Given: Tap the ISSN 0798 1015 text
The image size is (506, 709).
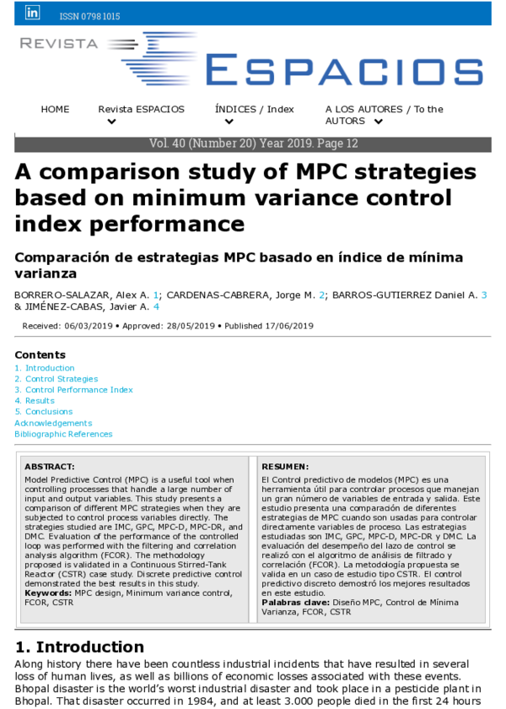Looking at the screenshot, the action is [x=89, y=16].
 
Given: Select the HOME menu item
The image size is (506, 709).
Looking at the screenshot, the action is [x=56, y=110].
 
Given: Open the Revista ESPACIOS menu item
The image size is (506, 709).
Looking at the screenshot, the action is [x=129, y=110].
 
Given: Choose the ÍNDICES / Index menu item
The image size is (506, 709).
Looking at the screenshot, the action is [x=254, y=110].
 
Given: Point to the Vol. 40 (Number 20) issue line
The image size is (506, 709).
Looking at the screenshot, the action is [x=253, y=144].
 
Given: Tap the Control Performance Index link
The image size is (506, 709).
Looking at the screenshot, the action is [x=78, y=390].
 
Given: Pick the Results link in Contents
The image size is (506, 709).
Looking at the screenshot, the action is [x=39, y=401].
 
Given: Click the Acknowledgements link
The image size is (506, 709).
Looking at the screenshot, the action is [x=53, y=423].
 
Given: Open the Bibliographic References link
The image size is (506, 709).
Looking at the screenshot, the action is [x=63, y=434].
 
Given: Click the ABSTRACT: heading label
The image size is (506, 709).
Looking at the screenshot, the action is [x=50, y=466].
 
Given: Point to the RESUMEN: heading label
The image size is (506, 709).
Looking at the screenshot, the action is [x=285, y=466].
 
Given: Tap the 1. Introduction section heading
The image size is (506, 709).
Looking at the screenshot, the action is [x=79, y=647].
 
